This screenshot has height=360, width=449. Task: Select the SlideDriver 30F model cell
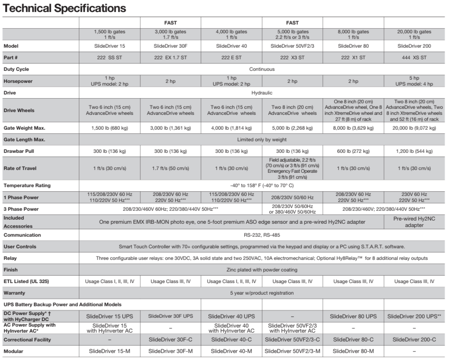pyautogui.click(x=170, y=46)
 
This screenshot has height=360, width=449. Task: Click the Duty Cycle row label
pyautogui.click(x=17, y=69)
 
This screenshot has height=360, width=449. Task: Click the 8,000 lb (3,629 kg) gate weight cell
pyautogui.click(x=353, y=127)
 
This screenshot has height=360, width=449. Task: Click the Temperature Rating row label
pyautogui.click(x=27, y=185)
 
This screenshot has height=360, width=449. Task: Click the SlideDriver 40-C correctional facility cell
pyautogui.click(x=231, y=340)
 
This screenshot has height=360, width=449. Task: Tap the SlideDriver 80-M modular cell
pyautogui.click(x=353, y=351)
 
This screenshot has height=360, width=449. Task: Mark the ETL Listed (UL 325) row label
pyautogui.click(x=27, y=281)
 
